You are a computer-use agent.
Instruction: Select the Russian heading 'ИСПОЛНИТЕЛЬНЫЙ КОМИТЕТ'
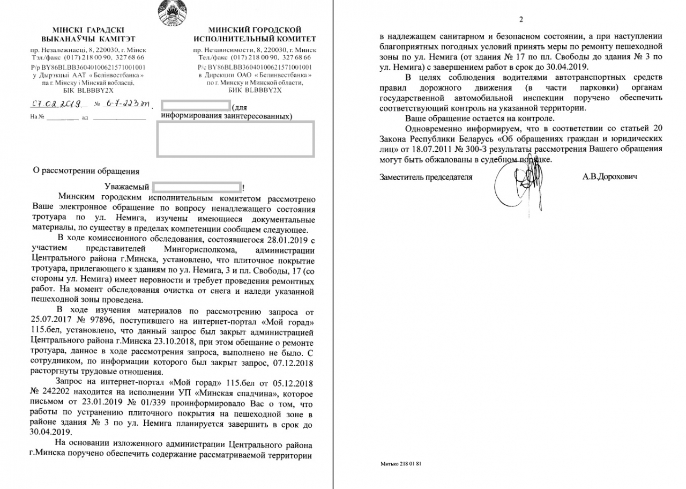pos(255,39)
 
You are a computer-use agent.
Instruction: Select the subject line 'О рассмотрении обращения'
pos(86,172)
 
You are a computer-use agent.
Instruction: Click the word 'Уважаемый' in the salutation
pos(128,188)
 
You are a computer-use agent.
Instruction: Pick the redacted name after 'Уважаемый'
pos(197,188)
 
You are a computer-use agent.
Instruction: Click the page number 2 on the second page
pos(520,20)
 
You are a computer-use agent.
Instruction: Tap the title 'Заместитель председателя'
pos(426,177)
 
